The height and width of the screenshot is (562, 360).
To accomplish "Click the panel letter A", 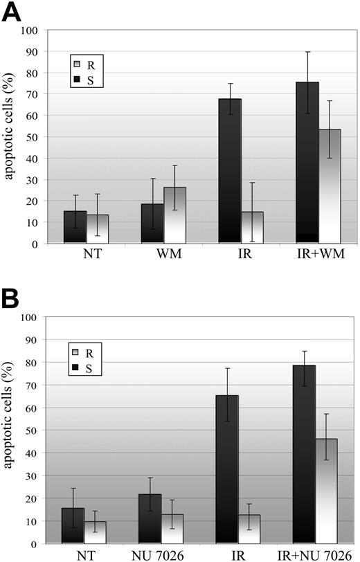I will pyautogui.click(x=13, y=12).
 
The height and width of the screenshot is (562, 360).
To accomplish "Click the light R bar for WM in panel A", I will pyautogui.click(x=174, y=215).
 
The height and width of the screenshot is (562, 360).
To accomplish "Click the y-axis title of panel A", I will pyautogui.click(x=8, y=136).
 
